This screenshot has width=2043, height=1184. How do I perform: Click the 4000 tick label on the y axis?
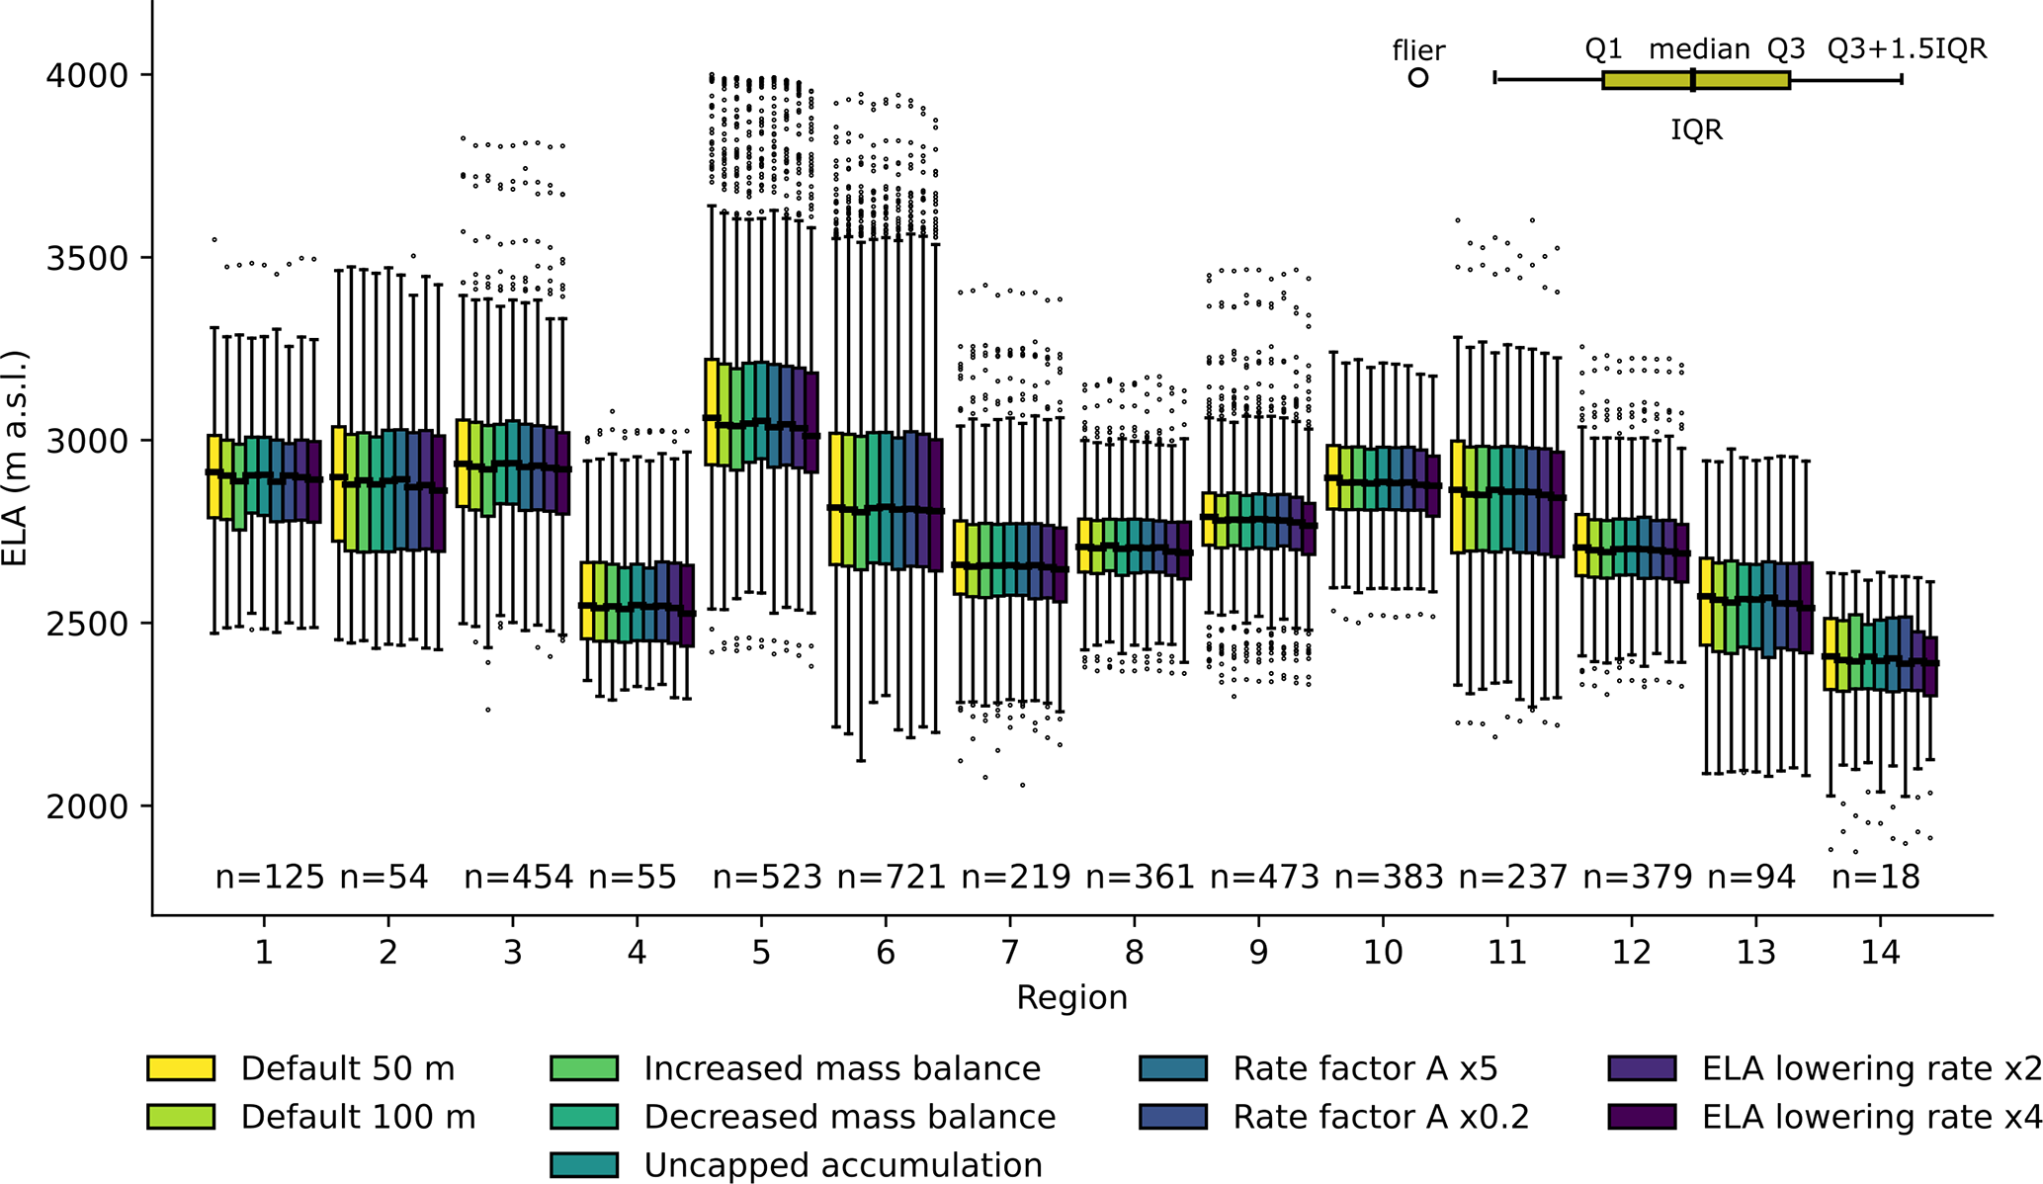(86, 75)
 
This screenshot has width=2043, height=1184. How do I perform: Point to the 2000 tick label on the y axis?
(86, 806)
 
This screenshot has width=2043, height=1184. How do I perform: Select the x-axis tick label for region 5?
(760, 952)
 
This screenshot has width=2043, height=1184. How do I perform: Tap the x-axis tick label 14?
(1880, 952)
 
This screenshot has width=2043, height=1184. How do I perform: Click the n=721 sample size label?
(892, 877)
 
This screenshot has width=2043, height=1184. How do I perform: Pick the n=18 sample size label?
(1875, 877)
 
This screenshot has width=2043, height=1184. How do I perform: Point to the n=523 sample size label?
(767, 877)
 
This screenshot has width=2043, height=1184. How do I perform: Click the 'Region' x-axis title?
(1071, 997)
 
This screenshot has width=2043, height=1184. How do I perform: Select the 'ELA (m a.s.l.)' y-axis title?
(16, 458)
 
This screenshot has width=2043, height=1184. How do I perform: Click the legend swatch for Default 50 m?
(181, 1068)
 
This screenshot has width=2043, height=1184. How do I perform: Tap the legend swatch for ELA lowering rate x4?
(1642, 1117)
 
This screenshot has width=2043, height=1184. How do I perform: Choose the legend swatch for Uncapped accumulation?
(583, 1165)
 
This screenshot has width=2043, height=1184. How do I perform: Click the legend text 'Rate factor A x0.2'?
(1381, 1117)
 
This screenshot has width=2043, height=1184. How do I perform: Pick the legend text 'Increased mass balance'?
(842, 1068)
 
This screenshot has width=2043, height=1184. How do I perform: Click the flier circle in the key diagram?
(1418, 77)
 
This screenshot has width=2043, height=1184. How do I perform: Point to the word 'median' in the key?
(1699, 49)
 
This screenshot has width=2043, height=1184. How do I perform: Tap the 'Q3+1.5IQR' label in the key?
(1907, 49)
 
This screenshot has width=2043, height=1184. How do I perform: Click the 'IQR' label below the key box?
(1696, 129)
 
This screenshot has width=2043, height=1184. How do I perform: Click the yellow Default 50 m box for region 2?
(338, 483)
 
